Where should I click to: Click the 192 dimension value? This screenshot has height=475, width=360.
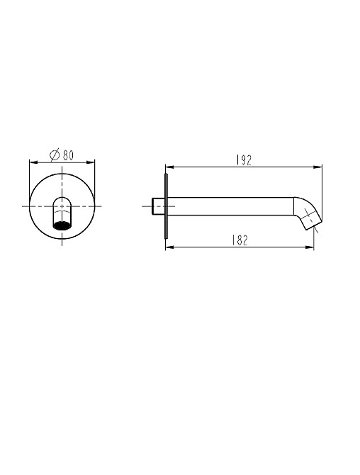[x=244, y=160]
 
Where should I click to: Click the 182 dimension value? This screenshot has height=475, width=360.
[x=240, y=240]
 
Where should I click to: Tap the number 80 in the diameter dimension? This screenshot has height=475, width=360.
[x=68, y=155]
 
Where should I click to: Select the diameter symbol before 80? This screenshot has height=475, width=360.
[x=55, y=155]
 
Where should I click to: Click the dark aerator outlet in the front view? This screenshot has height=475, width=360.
[x=62, y=225]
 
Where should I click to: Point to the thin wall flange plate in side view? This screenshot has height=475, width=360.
[x=166, y=206]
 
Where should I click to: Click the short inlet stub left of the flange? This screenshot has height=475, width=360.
[x=158, y=206]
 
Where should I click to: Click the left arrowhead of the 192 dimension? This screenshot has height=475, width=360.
[x=169, y=167]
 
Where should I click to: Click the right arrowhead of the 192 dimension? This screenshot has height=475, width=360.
[x=318, y=167]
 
